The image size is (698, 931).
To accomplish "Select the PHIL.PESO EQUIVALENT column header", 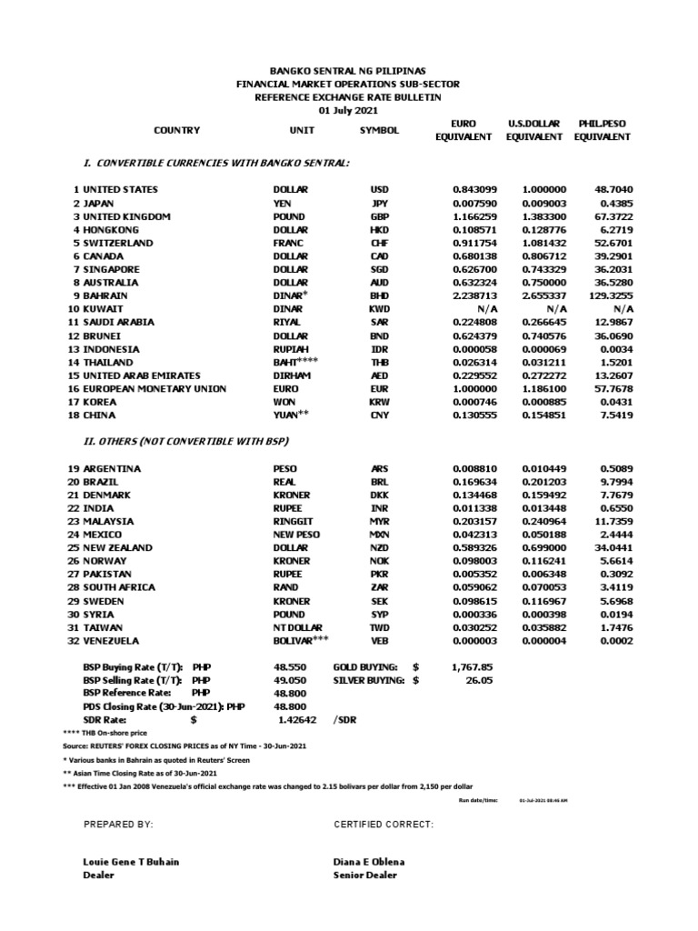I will point(602,130).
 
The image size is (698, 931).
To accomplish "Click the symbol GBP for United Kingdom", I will point(380,217).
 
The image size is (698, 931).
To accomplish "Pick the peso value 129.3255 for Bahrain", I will point(610,296).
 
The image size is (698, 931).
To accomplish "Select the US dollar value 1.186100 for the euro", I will point(543,389).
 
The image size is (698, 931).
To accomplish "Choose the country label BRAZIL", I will point(103,482).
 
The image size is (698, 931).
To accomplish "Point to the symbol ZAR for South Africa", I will point(380,588).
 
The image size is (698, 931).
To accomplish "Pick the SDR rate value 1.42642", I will point(298,719).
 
